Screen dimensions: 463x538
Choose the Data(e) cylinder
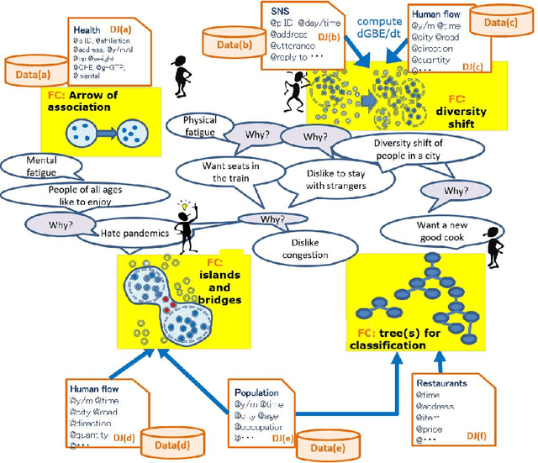coord(330,445)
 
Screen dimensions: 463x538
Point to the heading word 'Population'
coord(256,392)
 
